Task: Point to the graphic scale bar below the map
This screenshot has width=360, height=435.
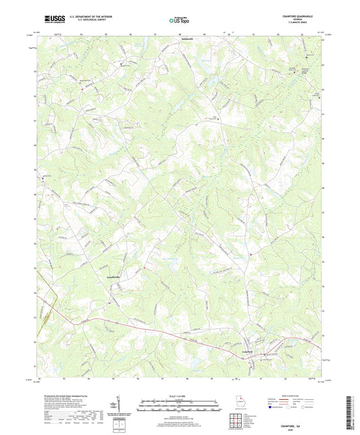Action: (x=180, y=407)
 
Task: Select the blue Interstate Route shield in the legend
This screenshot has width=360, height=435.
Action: (x=272, y=408)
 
